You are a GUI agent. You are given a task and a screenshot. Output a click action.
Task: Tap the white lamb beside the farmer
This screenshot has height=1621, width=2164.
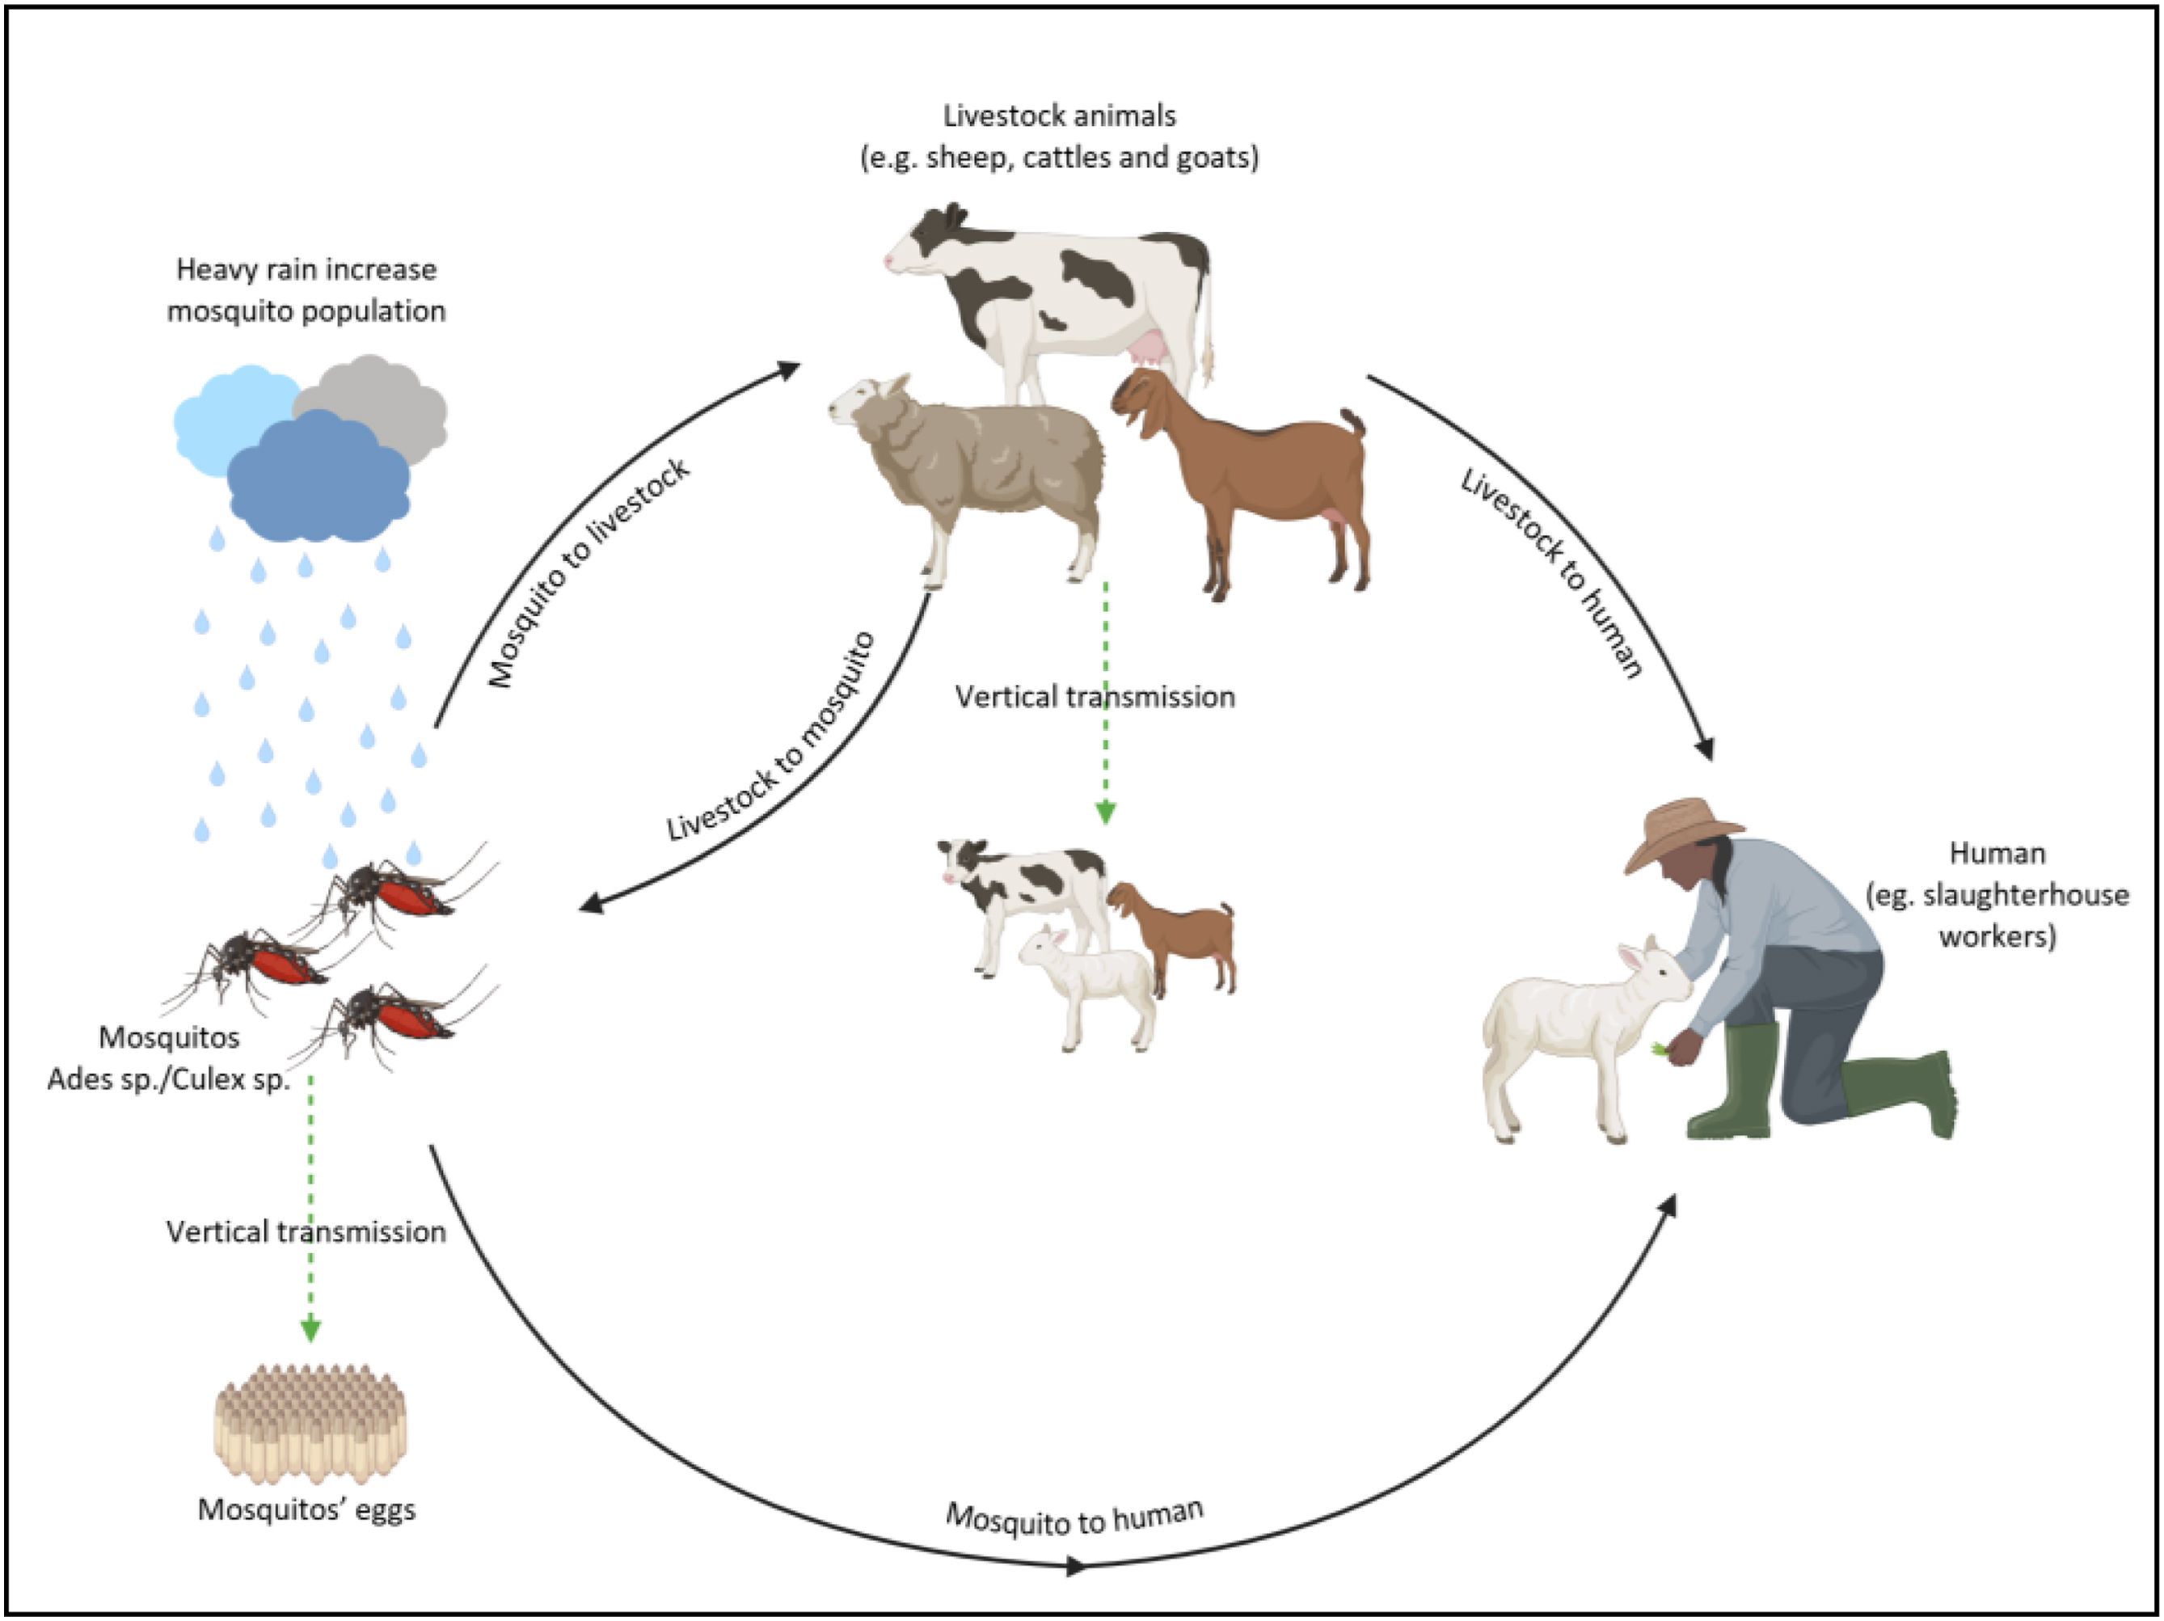[x=1575, y=1037]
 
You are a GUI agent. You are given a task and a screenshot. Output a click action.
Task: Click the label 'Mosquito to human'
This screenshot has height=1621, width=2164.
[x=1074, y=1518]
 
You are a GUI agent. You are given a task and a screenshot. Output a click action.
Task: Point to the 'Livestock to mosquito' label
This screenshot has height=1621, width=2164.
[x=772, y=737]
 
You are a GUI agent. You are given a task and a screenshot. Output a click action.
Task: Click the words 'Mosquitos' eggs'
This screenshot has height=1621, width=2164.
[x=307, y=1509]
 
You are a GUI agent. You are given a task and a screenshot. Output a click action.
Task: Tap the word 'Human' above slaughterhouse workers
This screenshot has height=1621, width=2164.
[x=1997, y=853]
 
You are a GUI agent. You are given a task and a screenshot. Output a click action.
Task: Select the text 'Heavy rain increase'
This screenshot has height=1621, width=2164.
[x=306, y=269]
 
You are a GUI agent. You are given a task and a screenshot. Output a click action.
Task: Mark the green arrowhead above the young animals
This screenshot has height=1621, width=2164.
[x=1106, y=812]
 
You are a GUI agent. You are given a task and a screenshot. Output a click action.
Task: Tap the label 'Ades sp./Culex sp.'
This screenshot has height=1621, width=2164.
[x=169, y=1079]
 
